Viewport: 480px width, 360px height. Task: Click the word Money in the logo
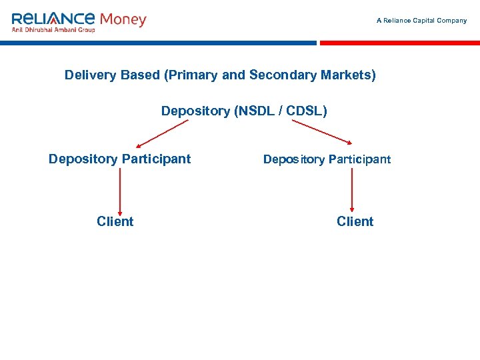[123, 19]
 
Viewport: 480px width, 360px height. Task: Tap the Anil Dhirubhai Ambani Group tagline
[54, 29]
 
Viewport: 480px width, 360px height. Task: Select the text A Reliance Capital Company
[421, 21]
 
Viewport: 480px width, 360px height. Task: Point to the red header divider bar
[399, 43]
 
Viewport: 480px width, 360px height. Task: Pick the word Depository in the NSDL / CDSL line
[195, 111]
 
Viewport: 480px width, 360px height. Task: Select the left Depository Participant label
[119, 159]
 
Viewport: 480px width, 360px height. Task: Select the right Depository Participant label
[327, 159]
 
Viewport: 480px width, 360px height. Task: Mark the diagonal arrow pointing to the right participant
[322, 132]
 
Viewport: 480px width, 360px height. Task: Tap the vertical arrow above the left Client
[120, 190]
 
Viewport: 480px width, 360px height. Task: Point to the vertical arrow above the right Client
[351, 190]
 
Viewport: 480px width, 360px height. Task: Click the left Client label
[115, 221]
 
